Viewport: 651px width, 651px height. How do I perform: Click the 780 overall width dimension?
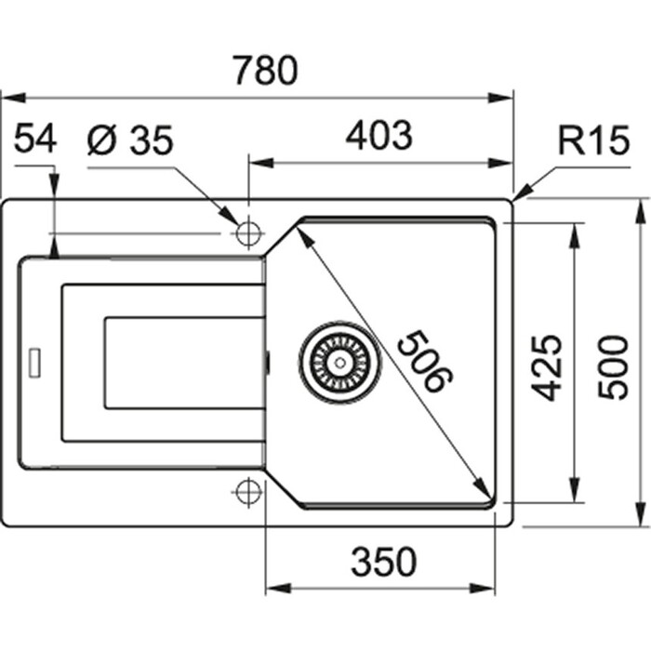pyautogui.click(x=265, y=71)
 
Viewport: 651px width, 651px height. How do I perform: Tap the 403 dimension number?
pyautogui.click(x=379, y=137)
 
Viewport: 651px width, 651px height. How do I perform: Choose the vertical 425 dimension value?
pyautogui.click(x=549, y=366)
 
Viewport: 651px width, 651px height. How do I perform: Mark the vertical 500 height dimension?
pyautogui.click(x=613, y=366)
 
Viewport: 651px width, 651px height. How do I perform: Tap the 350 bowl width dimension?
pyautogui.click(x=382, y=561)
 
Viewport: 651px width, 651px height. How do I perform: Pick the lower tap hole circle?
pyautogui.click(x=248, y=491)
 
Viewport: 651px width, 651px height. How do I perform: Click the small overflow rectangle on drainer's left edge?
pyautogui.click(x=36, y=362)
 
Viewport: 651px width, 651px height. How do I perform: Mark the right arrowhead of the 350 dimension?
pyautogui.click(x=489, y=588)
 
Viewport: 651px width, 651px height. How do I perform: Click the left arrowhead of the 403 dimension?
pyautogui.click(x=257, y=163)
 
